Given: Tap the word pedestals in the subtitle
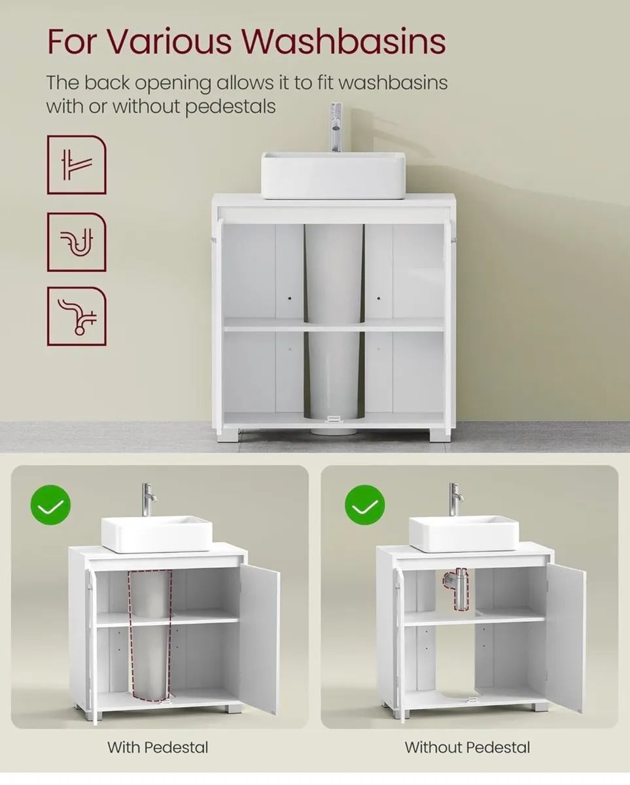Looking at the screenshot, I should [x=230, y=107].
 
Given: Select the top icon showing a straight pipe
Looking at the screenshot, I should [x=77, y=165].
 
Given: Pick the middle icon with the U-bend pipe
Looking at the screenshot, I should [x=77, y=242].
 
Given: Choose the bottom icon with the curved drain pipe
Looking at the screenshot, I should [x=77, y=317].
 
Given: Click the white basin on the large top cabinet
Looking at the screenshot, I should [x=333, y=175].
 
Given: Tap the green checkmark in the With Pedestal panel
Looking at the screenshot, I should [x=50, y=505].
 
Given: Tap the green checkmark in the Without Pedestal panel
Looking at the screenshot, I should [x=365, y=505].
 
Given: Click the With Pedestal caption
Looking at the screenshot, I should [x=158, y=747].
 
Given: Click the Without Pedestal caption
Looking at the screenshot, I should [x=467, y=747].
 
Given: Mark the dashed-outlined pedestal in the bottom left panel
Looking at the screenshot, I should [x=150, y=635].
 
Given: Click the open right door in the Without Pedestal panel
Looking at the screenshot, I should [x=567, y=638].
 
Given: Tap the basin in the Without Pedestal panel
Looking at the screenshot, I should [x=464, y=533].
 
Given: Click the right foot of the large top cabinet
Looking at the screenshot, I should [x=440, y=435].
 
